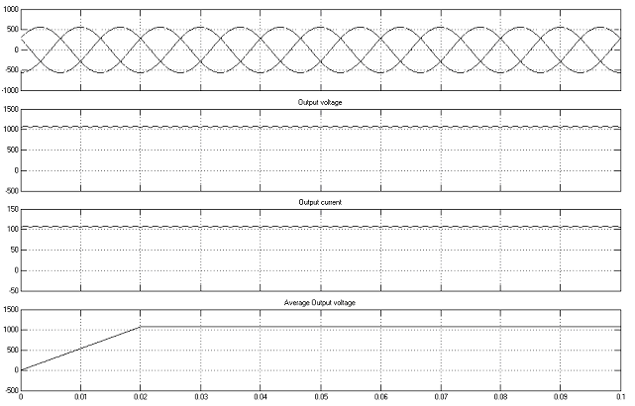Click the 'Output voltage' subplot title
(320, 102)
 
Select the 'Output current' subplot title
(320, 202)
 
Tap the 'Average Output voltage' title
(320, 303)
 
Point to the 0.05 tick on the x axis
(321, 397)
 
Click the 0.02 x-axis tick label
(141, 397)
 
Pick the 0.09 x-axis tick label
(561, 397)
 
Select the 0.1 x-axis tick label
(620, 397)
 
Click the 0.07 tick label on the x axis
(441, 397)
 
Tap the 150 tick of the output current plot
(13, 209)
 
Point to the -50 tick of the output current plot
(13, 290)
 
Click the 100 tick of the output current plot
(13, 230)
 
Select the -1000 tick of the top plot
(11, 90)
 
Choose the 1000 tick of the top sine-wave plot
(12, 9)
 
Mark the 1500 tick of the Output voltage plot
(12, 109)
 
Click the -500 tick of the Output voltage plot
(12, 191)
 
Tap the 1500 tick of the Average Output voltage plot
(12, 310)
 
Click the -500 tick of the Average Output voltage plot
(12, 390)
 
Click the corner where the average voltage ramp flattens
(141, 326)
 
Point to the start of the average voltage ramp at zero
(21, 370)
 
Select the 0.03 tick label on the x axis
(200, 397)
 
